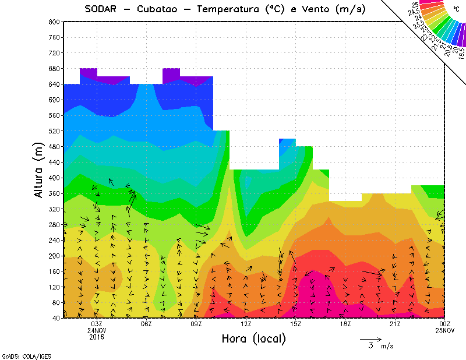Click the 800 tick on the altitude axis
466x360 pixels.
tap(54, 22)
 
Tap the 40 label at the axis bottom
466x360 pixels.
tap(56, 318)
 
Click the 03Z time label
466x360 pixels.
tap(97, 324)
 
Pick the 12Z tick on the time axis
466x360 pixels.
tap(246, 324)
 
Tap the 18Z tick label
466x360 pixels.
tap(345, 324)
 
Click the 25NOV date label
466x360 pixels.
tap(445, 330)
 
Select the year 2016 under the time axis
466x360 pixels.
tap(97, 337)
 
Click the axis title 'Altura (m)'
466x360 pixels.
tap(38, 170)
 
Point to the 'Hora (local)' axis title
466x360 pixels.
tap(253, 338)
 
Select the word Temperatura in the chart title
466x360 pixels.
tap(230, 9)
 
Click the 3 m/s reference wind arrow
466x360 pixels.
tap(370, 338)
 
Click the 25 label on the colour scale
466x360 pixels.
tap(415, 5)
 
